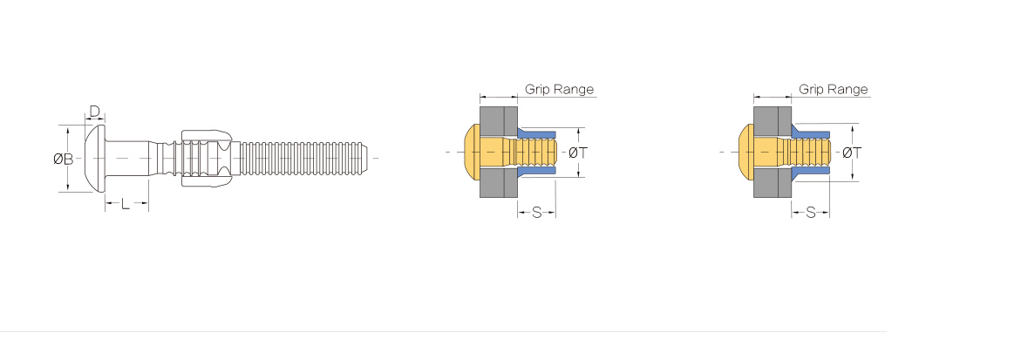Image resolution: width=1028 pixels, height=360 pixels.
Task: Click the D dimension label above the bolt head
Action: click(x=94, y=112)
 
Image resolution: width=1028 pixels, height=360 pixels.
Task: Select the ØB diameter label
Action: click(x=63, y=158)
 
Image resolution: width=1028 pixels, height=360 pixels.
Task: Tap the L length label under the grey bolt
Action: click(x=126, y=204)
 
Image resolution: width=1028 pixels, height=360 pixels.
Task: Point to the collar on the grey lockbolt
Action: click(x=206, y=158)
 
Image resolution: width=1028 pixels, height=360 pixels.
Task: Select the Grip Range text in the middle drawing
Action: click(x=559, y=89)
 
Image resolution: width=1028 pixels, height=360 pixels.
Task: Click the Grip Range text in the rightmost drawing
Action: click(x=834, y=89)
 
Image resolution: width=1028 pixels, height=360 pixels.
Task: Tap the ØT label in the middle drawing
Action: click(x=577, y=153)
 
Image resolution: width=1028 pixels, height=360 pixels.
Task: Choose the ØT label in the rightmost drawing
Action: click(x=852, y=153)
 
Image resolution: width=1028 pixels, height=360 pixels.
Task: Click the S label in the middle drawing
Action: click(x=536, y=213)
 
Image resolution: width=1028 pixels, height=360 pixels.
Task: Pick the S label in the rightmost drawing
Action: click(x=810, y=213)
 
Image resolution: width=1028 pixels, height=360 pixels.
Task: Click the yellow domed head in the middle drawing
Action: click(x=472, y=153)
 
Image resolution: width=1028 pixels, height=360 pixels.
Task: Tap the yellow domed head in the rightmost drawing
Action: click(x=746, y=153)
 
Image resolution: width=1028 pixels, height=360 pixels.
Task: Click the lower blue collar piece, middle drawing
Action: click(x=536, y=172)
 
